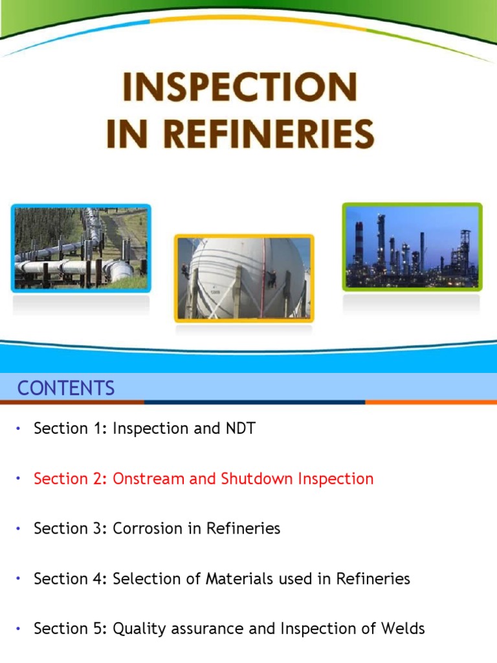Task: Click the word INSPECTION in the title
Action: coord(240,87)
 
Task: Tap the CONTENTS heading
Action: coord(66,388)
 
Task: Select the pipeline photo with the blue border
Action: coord(81,248)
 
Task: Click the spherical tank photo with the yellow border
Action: coord(243,278)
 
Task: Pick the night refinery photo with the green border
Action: coord(412,246)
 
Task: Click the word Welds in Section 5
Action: coord(405,628)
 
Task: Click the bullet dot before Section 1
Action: coord(19,429)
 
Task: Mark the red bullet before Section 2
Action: coord(19,479)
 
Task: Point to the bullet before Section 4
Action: coord(19,578)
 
